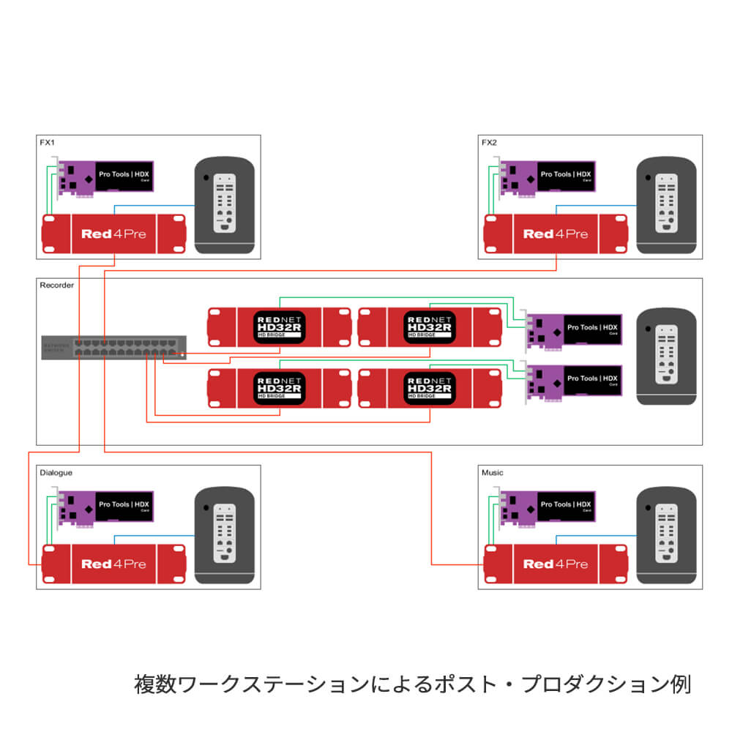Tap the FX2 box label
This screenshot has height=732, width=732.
[489, 142]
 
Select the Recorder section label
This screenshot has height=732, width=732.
[56, 285]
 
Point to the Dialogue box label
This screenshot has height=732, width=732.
[56, 473]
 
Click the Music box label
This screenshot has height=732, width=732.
[492, 473]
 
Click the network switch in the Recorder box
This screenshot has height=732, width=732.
[113, 347]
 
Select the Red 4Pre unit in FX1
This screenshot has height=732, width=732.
[113, 234]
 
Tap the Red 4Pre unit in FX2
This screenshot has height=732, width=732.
[556, 234]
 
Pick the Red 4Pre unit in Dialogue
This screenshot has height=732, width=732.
[113, 564]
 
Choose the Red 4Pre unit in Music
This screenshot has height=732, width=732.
[556, 564]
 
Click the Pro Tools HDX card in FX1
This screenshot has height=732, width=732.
[106, 177]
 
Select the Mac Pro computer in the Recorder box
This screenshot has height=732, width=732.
[666, 356]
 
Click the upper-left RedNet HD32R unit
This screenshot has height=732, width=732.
[280, 326]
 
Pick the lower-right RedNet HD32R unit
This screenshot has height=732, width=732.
[430, 387]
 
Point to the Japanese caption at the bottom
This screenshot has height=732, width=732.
[412, 685]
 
